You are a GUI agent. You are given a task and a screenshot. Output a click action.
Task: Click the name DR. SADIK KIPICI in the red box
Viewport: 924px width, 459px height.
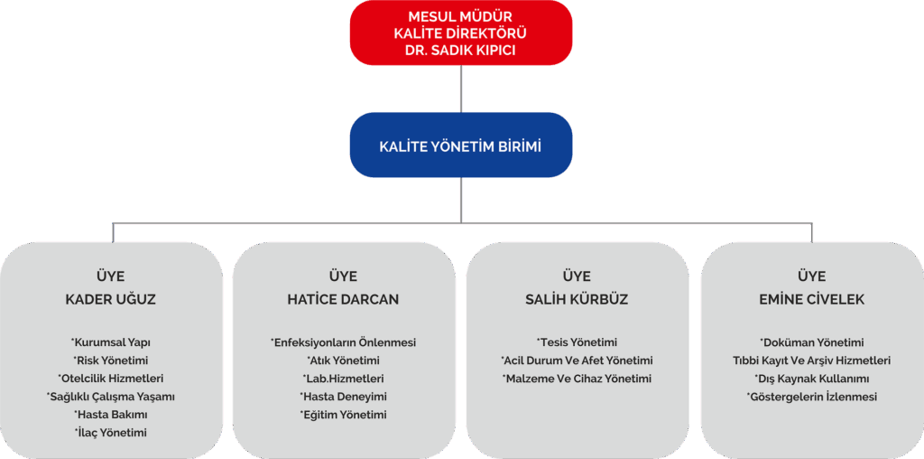461,51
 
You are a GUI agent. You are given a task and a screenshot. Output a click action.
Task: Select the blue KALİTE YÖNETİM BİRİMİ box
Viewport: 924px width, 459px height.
461,145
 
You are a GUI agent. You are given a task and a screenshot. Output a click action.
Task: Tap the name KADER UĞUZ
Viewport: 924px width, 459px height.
111,299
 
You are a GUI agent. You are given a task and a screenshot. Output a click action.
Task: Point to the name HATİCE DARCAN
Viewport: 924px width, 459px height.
343,299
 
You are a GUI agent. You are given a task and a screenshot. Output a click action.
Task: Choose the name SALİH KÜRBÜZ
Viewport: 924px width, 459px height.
577,299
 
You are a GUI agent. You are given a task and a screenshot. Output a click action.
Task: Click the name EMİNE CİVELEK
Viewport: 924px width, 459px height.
812,299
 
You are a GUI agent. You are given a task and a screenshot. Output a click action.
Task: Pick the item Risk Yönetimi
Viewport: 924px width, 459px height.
111,361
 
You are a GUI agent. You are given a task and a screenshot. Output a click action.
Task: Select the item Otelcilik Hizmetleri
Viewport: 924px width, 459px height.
111,379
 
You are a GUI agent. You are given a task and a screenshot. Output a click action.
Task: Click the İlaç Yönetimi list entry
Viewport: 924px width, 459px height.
111,433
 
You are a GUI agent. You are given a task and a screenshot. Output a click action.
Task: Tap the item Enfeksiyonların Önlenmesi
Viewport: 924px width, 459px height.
343,342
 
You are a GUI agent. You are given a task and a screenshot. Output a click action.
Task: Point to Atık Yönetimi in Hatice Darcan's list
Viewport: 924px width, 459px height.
343,361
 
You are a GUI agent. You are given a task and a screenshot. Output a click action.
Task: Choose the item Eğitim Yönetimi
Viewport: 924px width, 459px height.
343,415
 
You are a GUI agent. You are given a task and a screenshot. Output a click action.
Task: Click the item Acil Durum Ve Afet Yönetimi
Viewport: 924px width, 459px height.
577,361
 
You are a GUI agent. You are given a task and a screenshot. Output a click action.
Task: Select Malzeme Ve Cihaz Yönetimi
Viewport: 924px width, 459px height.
577,379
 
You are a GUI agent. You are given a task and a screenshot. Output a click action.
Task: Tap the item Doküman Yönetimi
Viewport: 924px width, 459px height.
812,342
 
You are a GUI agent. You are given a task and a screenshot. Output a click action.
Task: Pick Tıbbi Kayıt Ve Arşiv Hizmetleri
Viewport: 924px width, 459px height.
812,361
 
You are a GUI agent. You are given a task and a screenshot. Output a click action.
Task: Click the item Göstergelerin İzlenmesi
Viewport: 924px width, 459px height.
812,397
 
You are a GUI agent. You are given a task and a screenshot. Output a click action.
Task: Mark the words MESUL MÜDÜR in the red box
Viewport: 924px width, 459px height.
461,16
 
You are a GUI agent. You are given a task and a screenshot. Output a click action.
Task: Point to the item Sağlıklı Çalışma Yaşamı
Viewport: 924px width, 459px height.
111,397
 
